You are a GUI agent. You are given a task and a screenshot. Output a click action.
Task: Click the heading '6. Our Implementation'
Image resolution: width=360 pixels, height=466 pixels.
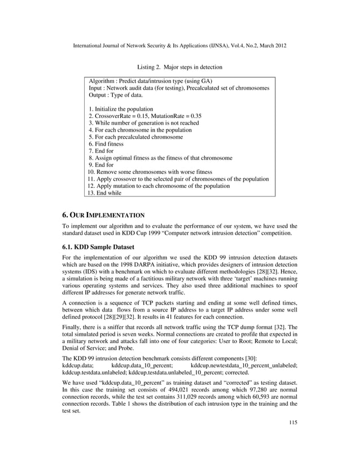(x=103, y=215)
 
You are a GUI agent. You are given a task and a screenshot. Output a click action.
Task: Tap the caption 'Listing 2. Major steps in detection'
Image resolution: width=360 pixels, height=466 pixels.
(x=180, y=67)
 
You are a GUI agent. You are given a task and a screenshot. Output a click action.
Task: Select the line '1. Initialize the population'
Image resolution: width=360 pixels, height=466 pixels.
(x=121, y=108)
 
